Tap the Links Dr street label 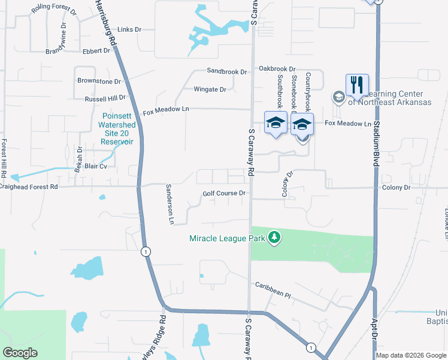pyautogui.click(x=129, y=29)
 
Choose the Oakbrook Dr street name pyautogui.click(x=277, y=69)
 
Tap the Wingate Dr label pyautogui.click(x=210, y=89)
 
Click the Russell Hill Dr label pyautogui.click(x=105, y=97)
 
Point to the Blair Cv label pyautogui.click(x=95, y=166)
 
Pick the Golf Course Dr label pyautogui.click(x=224, y=193)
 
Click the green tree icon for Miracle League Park pyautogui.click(x=274, y=238)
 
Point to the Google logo pyautogui.click(x=20, y=353)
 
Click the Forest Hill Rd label pyautogui.click(x=4, y=159)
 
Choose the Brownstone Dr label pyautogui.click(x=99, y=80)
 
